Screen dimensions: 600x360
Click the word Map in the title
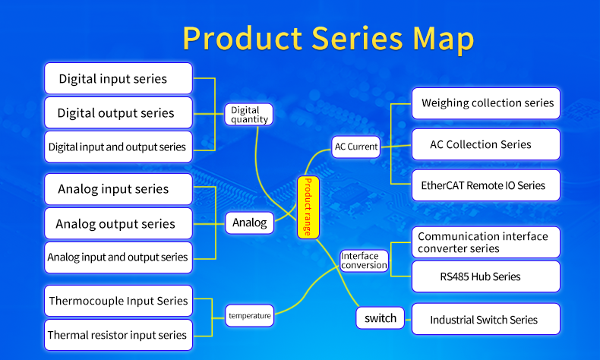coord(443,39)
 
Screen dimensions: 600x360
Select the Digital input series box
coord(118,78)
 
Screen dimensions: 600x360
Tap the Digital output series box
coord(118,112)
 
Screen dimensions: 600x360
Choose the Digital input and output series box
coord(118,147)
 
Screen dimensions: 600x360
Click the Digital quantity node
coord(248,115)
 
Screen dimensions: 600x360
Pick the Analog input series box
coord(118,189)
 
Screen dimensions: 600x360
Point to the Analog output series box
coord(118,223)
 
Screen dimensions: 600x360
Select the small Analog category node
coord(249,223)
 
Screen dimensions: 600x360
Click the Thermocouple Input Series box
coord(118,301)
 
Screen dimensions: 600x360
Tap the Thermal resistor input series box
coord(118,335)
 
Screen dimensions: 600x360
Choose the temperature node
coord(249,316)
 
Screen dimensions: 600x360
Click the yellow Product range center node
coord(308,207)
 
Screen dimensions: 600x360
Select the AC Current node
coord(356,147)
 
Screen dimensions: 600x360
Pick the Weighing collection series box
coord(486,103)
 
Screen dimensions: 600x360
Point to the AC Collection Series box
coord(486,144)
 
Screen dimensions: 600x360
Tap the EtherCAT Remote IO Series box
coord(486,185)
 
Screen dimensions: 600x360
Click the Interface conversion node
coord(364,261)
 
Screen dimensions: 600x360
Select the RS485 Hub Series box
coord(486,276)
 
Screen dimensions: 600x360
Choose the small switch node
coord(380,318)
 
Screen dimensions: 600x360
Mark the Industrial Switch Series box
coord(486,319)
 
